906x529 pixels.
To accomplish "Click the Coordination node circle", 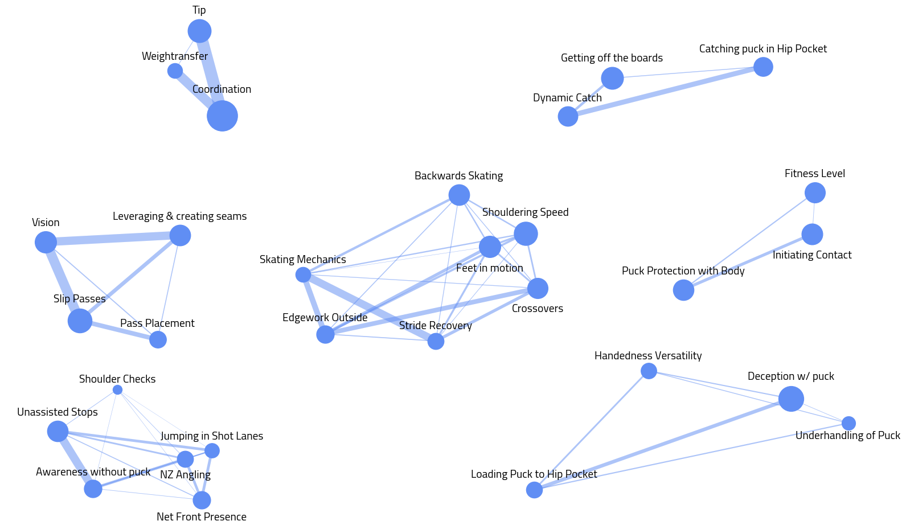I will click(222, 116).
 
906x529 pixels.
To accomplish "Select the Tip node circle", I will click(199, 31).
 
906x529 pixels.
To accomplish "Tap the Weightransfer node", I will click(175, 71).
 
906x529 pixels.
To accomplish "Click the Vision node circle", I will click(46, 242).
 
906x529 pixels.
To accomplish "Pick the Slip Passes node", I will click(80, 321).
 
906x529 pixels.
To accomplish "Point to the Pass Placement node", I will click(158, 339).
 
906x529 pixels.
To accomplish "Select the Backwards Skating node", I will click(459, 195).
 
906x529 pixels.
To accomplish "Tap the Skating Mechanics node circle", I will click(303, 275).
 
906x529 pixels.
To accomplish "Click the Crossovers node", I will click(538, 288).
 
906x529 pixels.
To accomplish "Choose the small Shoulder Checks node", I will click(117, 389).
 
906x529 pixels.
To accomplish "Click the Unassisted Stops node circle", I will click(58, 431).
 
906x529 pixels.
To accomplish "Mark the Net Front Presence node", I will click(202, 500).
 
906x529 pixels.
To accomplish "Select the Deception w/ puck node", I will click(791, 399).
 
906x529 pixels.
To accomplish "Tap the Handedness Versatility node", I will click(649, 371).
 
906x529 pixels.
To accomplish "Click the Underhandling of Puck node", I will click(848, 423).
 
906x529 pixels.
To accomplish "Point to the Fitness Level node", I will click(815, 192).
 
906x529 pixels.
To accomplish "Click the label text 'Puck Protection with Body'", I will click(683, 271).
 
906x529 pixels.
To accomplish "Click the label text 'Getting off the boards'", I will click(612, 58).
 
